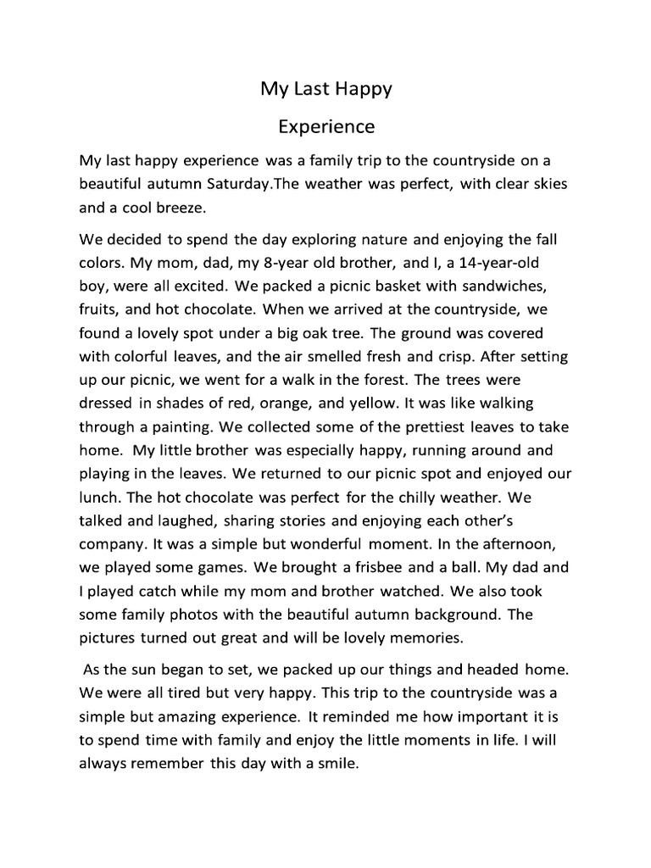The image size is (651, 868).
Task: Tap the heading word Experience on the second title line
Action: tap(326, 127)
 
